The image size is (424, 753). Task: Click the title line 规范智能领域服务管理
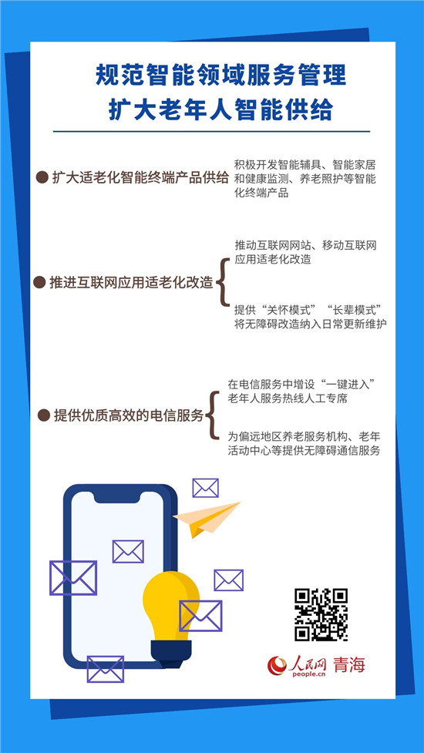coord(220,76)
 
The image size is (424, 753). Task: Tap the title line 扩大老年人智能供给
coord(220,110)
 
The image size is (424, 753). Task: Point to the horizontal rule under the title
coord(211,131)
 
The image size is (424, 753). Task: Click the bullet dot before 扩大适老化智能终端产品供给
coord(42,178)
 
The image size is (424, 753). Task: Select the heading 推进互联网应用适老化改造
coord(131,282)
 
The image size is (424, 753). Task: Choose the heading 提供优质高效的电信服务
coord(129,415)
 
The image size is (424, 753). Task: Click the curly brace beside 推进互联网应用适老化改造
coord(222,282)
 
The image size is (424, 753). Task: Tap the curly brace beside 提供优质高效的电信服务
coord(212,415)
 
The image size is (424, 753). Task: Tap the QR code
coord(321,614)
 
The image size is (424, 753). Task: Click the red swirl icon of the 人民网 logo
coord(277,665)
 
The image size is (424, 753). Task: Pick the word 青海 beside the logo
coord(349,664)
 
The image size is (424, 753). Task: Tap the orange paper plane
coord(207,519)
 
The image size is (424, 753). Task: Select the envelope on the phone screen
coord(128,551)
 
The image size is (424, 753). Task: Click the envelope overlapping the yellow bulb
coord(200,616)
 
